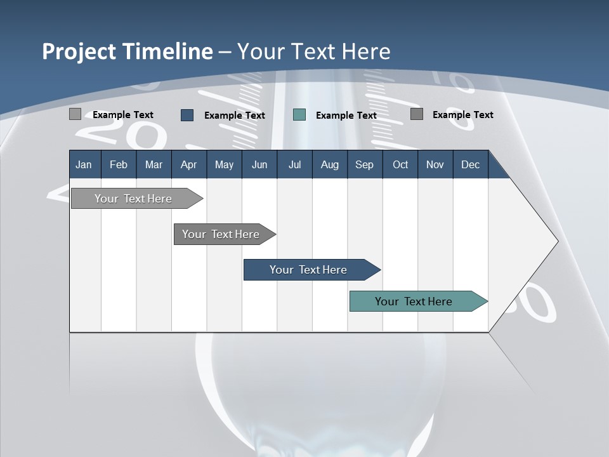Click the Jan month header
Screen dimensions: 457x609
(x=84, y=164)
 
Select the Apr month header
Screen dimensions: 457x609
(x=188, y=164)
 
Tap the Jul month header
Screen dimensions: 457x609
(x=294, y=164)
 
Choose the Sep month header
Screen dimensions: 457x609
(x=364, y=164)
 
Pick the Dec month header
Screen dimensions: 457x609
(x=470, y=164)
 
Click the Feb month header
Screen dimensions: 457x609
(x=119, y=164)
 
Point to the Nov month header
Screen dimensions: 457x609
(x=435, y=164)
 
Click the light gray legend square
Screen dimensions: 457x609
(x=75, y=114)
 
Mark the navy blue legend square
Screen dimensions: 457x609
(x=187, y=115)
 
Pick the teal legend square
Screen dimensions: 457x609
(x=299, y=115)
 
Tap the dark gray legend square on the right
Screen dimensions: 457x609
(x=417, y=114)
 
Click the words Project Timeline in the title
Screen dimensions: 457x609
(x=127, y=51)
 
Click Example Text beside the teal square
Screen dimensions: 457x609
(x=346, y=115)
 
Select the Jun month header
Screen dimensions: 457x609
(x=259, y=164)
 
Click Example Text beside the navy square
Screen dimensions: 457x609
(x=234, y=115)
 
